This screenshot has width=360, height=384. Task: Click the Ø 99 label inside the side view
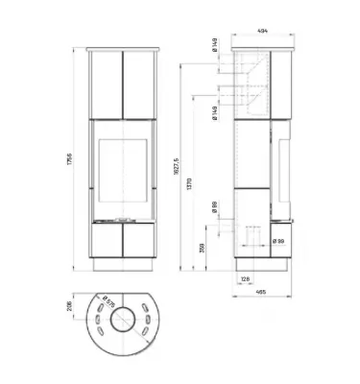pyautogui.click(x=277, y=242)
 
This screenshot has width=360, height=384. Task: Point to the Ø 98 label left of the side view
pyautogui.click(x=213, y=205)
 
